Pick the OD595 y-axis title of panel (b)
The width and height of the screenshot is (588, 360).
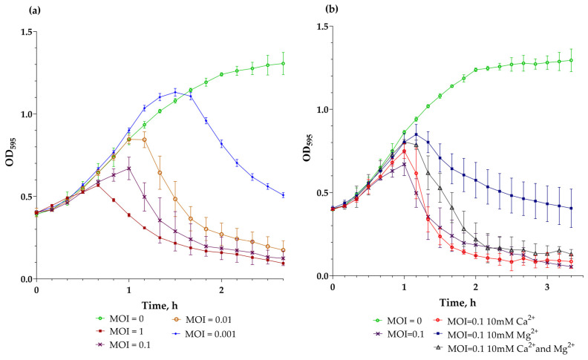tap(304, 154)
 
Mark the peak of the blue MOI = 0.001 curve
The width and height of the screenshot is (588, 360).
tap(174, 93)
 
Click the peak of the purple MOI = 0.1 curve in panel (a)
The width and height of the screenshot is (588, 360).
tap(128, 168)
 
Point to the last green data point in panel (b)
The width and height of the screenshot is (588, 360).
tap(571, 60)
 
